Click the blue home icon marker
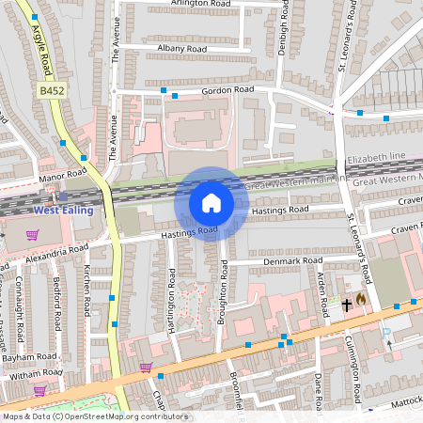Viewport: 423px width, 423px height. pos(211,203)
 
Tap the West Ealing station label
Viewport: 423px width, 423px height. pos(64,210)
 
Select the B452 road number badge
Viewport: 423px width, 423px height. pos(52,91)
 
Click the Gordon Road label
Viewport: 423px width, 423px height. pos(228,90)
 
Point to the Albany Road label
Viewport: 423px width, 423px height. pos(182,48)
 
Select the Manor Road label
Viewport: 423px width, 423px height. pos(63,175)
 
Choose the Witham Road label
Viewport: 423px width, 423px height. pos(35,374)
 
